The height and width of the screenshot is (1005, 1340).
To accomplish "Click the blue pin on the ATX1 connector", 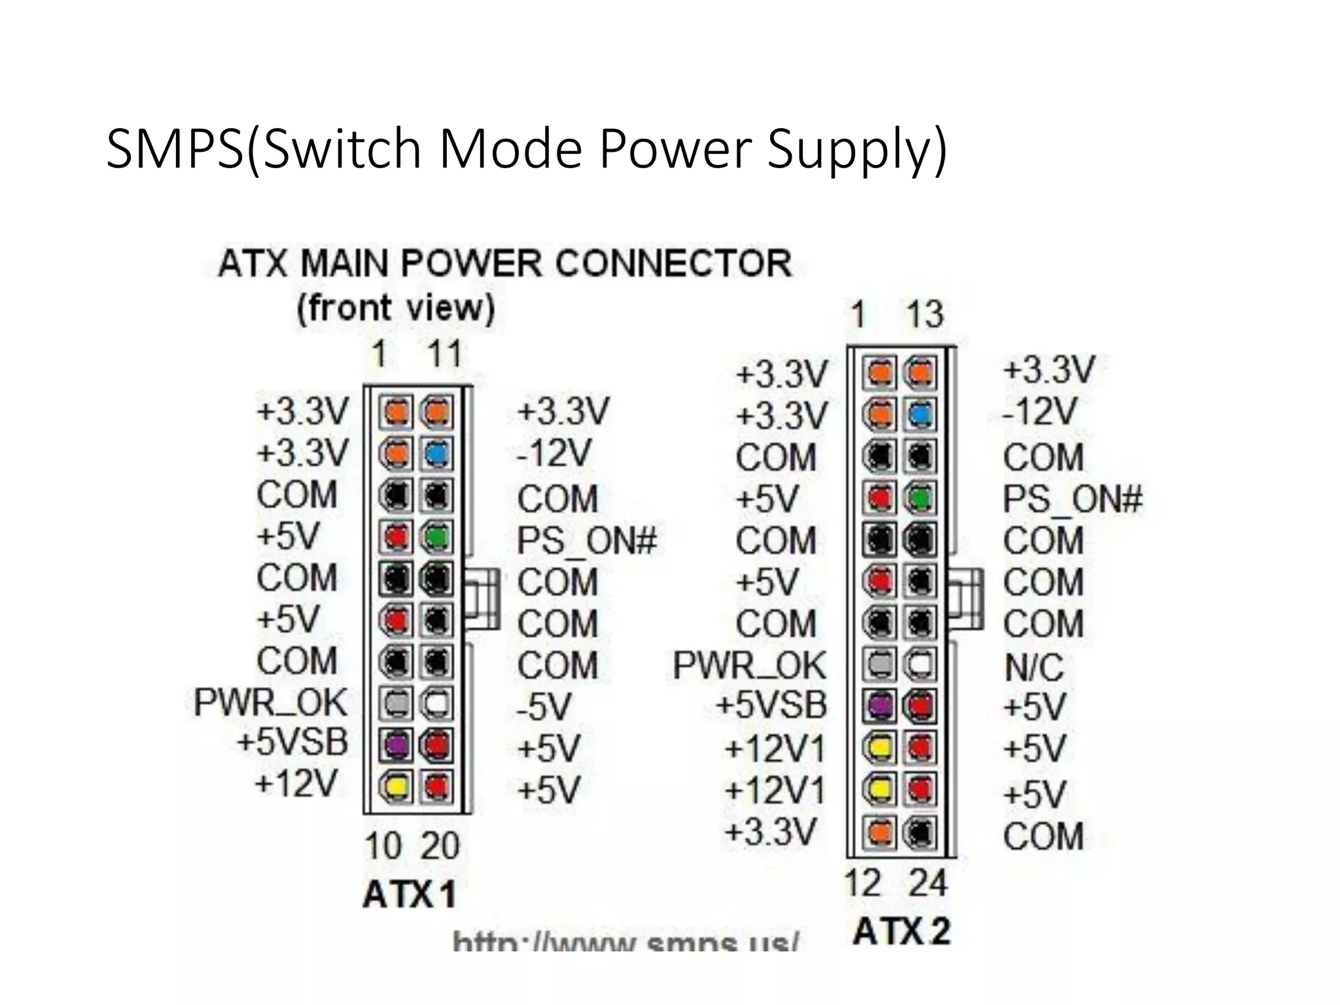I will tap(436, 453).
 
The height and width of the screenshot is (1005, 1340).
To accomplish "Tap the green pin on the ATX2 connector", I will tap(920, 499).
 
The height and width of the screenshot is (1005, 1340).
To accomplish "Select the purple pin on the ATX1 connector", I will tap(395, 745).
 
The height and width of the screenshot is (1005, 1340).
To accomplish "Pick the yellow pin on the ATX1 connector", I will tap(395, 786).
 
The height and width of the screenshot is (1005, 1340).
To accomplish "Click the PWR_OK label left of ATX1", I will tap(270, 703).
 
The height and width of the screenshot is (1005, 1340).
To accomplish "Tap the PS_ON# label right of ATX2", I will tap(1072, 500).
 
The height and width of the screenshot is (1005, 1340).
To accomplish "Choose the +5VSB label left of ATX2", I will tap(771, 705).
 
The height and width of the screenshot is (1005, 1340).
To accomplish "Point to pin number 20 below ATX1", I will tap(440, 846).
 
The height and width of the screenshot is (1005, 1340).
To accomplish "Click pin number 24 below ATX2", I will tap(927, 883).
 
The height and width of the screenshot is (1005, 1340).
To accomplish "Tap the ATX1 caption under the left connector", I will tap(410, 894).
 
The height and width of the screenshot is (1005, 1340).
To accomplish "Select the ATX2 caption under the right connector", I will tap(901, 932).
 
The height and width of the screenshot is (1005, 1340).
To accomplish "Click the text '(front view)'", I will tap(396, 308).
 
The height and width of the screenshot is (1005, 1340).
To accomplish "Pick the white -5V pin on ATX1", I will tap(436, 704).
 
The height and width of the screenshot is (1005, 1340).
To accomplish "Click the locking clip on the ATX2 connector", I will tap(968, 599).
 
